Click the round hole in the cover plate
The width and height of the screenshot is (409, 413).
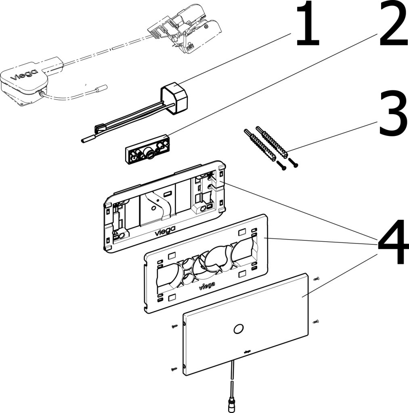pos(238,329)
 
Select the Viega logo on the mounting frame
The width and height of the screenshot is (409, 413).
pos(165,231)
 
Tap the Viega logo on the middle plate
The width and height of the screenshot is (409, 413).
pos(206,286)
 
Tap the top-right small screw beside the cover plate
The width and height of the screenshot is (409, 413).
pos(317,279)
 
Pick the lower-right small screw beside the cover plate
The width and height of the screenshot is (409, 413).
pos(317,321)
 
